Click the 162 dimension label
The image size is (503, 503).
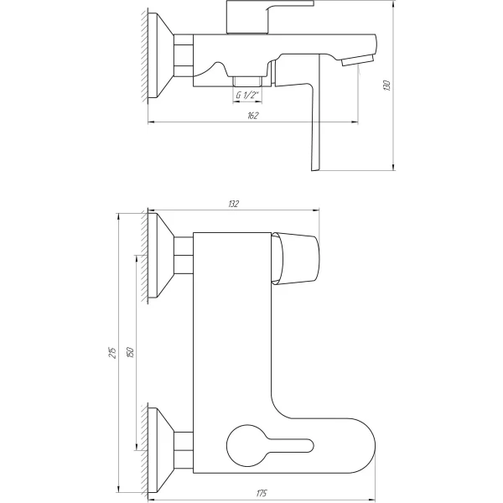coord(252,115)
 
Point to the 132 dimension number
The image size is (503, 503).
coord(233,204)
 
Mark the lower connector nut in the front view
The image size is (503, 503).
coord(184,443)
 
